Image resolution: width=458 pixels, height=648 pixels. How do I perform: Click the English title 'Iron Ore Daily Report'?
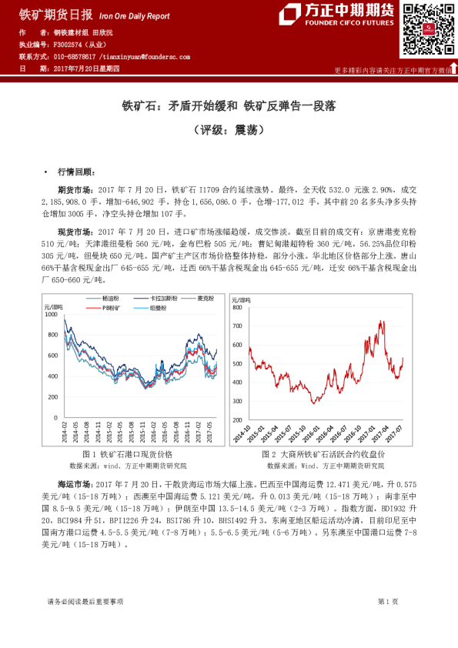(x=138, y=15)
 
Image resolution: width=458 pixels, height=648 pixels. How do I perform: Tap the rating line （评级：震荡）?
(x=229, y=130)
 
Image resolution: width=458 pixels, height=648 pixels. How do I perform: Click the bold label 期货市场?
(x=74, y=189)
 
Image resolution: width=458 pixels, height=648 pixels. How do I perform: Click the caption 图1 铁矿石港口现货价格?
(x=126, y=456)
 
